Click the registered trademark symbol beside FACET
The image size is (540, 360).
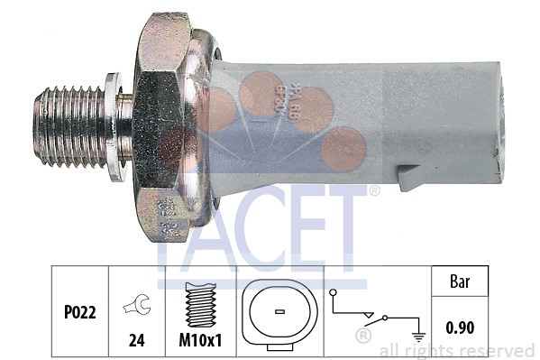[x=374, y=190]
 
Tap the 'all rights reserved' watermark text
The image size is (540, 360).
[x=457, y=350]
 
